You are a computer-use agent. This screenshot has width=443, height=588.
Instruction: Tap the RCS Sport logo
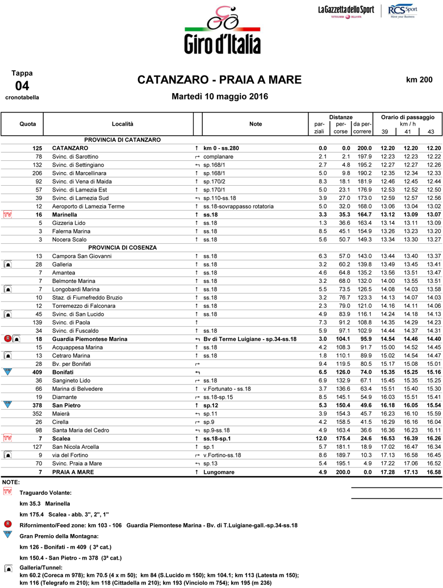(403, 11)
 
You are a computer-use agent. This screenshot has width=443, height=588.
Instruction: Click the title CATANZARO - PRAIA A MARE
(219, 80)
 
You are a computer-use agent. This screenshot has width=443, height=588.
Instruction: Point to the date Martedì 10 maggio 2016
(220, 97)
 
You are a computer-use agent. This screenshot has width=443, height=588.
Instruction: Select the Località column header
(122, 123)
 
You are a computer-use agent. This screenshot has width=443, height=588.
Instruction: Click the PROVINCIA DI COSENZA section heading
(122, 248)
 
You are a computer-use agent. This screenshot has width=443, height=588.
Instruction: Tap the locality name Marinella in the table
(64, 214)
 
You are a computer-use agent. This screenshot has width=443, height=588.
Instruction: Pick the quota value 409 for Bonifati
(37, 356)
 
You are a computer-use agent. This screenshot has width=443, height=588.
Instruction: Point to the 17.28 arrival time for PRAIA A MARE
(387, 472)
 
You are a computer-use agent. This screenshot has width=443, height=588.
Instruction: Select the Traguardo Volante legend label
(45, 493)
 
